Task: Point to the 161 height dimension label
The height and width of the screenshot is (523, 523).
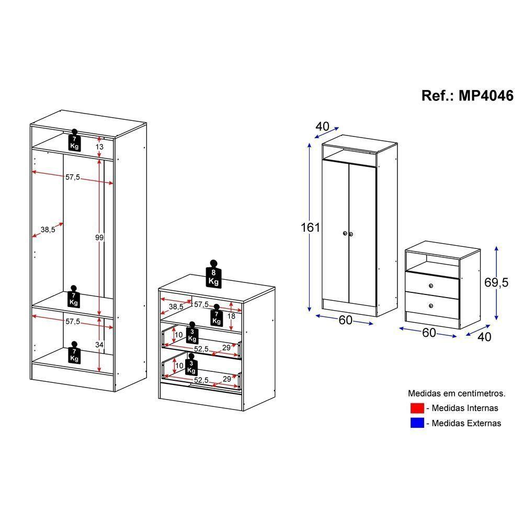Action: pos(310,228)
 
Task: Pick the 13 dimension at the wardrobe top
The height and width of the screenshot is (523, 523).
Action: pos(99,147)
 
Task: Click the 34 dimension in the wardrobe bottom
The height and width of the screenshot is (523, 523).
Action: pos(99,345)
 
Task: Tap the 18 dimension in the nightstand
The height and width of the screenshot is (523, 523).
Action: pos(231,316)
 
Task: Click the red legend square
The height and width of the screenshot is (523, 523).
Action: pos(417,408)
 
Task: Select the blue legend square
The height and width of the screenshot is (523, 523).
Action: pos(417,423)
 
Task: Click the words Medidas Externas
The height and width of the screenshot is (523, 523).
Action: pos(467,423)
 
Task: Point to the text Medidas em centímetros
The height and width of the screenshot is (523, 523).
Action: pos(457,393)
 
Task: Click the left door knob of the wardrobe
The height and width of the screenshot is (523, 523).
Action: pos(345,234)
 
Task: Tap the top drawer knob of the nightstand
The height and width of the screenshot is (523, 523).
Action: pos(431,285)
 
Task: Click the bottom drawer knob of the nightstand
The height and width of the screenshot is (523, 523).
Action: pos(431,305)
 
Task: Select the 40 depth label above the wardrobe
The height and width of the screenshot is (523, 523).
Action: pos(323,127)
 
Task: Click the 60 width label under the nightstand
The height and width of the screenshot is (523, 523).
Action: pos(429,333)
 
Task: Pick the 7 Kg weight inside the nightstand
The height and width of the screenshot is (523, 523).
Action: pos(215,316)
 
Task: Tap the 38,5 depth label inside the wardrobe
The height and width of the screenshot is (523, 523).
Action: pos(48,229)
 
